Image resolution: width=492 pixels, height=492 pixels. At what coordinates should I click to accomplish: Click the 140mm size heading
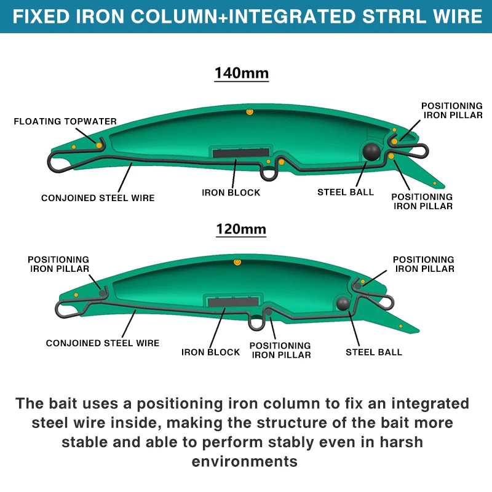pyautogui.click(x=242, y=73)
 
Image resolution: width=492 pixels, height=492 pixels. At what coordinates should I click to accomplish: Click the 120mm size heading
pyautogui.click(x=241, y=229)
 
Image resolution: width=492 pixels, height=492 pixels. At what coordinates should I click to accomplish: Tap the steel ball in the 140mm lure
pyautogui.click(x=371, y=152)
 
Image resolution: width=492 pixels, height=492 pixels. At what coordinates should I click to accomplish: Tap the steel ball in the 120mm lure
pyautogui.click(x=343, y=303)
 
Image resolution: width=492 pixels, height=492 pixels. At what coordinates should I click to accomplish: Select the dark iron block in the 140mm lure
pyautogui.click(x=241, y=153)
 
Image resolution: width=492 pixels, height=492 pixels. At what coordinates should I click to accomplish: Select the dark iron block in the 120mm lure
pyautogui.click(x=233, y=302)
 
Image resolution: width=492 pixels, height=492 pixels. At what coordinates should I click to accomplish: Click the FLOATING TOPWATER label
pyautogui.click(x=65, y=121)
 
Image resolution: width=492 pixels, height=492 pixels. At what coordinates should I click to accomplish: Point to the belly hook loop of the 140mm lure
pyautogui.click(x=269, y=174)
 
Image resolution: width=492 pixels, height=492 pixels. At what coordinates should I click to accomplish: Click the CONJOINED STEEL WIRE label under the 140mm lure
pyautogui.click(x=98, y=198)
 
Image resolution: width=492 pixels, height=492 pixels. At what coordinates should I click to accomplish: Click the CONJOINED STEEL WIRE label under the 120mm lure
pyautogui.click(x=103, y=343)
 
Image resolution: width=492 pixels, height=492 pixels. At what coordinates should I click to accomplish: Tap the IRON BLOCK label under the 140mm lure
pyautogui.click(x=231, y=192)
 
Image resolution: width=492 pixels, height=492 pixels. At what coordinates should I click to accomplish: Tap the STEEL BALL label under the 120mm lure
pyautogui.click(x=374, y=352)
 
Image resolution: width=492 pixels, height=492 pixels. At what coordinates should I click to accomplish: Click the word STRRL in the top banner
pyautogui.click(x=394, y=17)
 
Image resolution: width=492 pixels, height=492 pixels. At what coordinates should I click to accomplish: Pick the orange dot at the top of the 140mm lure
pyautogui.click(x=250, y=112)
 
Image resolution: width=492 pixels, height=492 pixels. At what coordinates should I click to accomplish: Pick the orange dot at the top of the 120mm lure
pyautogui.click(x=237, y=262)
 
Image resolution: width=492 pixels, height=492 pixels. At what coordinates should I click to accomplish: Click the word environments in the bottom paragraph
pyautogui.click(x=244, y=462)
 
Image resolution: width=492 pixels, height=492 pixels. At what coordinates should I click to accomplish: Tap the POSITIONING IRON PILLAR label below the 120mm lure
pyautogui.click(x=280, y=350)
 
